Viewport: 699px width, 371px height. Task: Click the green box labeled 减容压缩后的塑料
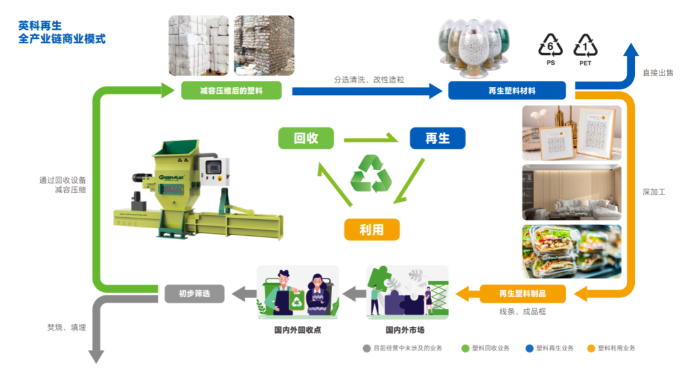coord(231,90)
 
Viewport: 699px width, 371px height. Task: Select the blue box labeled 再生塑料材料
coord(507,90)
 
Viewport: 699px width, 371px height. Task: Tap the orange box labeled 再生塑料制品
coord(522,294)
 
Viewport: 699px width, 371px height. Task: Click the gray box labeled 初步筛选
coord(194,294)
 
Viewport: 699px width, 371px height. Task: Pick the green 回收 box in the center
coord(305,138)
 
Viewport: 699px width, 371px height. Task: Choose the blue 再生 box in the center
coord(437,138)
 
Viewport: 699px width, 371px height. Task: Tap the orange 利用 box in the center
coord(372,229)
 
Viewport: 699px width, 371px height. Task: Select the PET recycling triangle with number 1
coord(585,47)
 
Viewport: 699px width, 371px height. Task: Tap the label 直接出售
coord(658,72)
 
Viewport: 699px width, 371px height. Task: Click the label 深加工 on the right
coord(654,192)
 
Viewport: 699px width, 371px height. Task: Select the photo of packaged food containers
coord(571,251)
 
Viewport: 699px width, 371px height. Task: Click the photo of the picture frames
coord(571,132)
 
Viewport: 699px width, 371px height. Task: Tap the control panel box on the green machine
coord(213,169)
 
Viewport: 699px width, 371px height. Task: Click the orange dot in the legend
coord(590,348)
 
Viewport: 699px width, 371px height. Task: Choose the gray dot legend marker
coord(366,348)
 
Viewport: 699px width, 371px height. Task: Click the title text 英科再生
coord(40,26)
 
